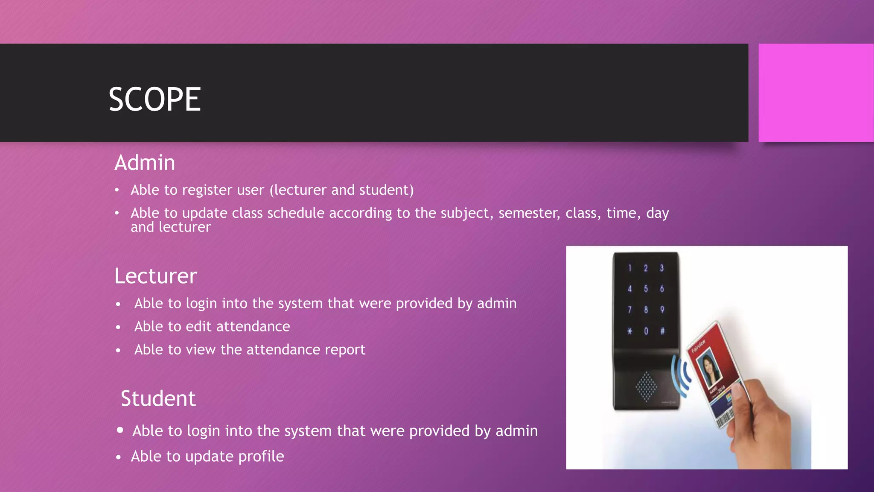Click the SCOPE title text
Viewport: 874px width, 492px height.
click(x=154, y=100)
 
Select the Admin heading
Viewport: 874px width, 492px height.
click(x=145, y=163)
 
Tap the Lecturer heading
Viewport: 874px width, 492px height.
click(x=155, y=276)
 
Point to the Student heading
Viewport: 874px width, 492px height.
click(x=158, y=398)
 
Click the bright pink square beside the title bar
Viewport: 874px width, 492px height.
click(x=816, y=93)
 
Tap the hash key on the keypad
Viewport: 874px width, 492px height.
click(x=662, y=331)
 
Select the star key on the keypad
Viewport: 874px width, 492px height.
click(x=629, y=331)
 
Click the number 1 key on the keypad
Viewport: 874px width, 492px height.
click(x=629, y=268)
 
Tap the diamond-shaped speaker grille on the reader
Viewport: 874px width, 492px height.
click(x=646, y=387)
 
